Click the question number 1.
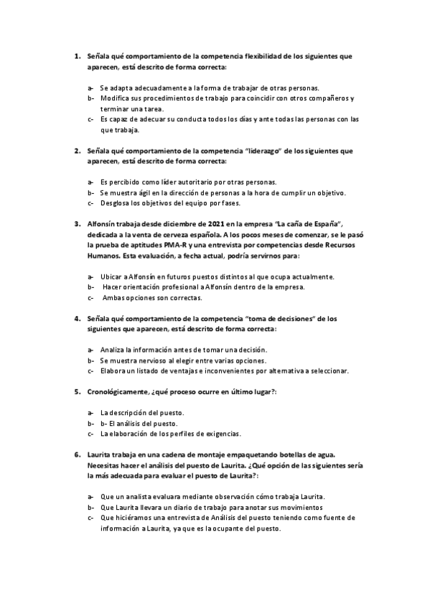(x=77, y=55)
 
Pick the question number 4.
(x=77, y=318)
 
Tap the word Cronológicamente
(x=117, y=392)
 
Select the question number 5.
(x=77, y=392)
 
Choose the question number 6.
(x=77, y=455)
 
